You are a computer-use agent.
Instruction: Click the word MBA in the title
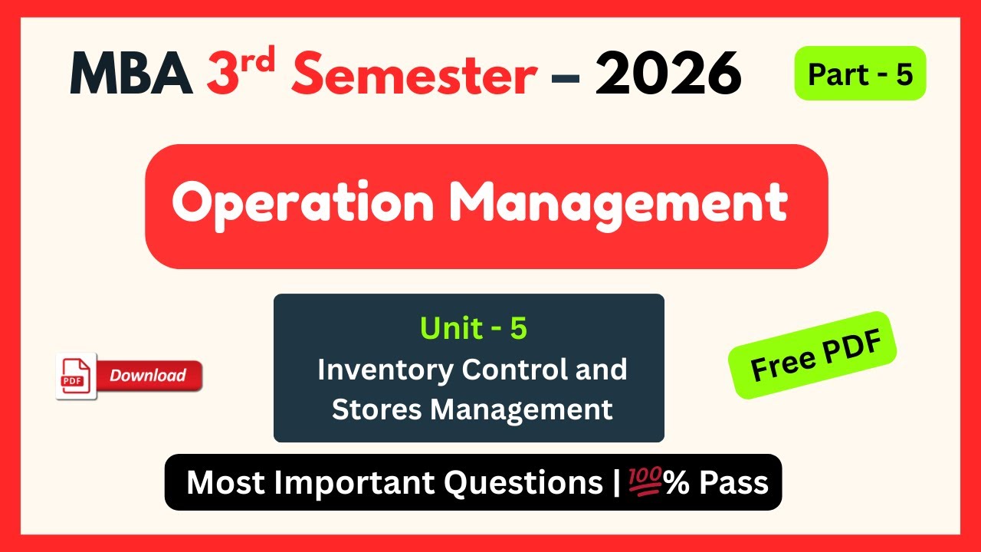(131, 74)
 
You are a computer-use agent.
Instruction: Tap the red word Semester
(414, 74)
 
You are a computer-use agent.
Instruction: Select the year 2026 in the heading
(668, 74)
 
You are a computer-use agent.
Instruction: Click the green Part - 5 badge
(860, 74)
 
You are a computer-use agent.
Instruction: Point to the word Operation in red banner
(304, 205)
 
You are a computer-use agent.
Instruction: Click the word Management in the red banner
(618, 205)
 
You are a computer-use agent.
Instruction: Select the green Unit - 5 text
(473, 328)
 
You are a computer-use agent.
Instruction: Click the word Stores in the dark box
(376, 409)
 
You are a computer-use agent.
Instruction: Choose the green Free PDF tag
(812, 356)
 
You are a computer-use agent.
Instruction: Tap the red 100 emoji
(645, 483)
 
